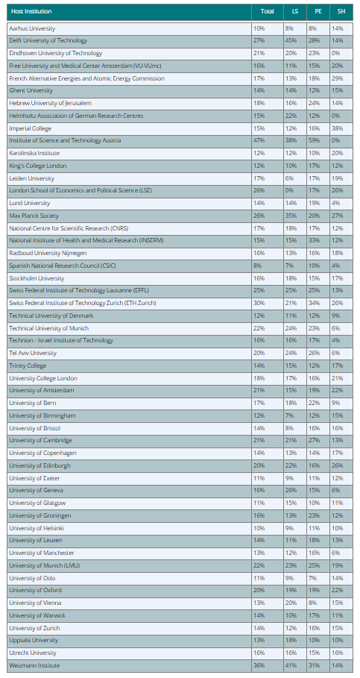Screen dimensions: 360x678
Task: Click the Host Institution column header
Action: click(31, 12)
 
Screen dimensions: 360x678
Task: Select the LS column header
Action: click(294, 12)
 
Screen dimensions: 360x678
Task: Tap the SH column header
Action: click(341, 12)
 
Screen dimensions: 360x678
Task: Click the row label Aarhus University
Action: click(32, 28)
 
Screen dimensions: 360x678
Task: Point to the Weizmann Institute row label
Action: click(34, 665)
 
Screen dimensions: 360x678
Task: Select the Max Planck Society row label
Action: click(34, 216)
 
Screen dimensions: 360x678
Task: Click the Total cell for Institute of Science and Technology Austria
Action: click(259, 140)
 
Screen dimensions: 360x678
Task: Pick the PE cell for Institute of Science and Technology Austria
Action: click(315, 140)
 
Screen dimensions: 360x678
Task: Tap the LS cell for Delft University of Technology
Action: click(290, 40)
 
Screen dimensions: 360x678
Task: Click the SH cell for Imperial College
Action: click(338, 128)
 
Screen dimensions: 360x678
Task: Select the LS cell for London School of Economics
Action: click(288, 191)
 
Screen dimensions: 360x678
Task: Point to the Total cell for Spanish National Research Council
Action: click(258, 266)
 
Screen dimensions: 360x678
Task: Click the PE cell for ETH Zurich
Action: click(315, 303)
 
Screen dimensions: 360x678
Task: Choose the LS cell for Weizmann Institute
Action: click(290, 665)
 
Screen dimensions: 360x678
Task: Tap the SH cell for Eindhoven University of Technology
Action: click(336, 53)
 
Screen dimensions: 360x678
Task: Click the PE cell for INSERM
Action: click(315, 240)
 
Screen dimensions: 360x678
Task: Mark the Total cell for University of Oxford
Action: click(259, 590)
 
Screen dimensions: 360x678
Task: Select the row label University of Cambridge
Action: click(41, 441)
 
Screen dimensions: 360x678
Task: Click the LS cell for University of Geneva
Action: click(290, 490)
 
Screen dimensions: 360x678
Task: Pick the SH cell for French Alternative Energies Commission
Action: click(338, 78)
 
